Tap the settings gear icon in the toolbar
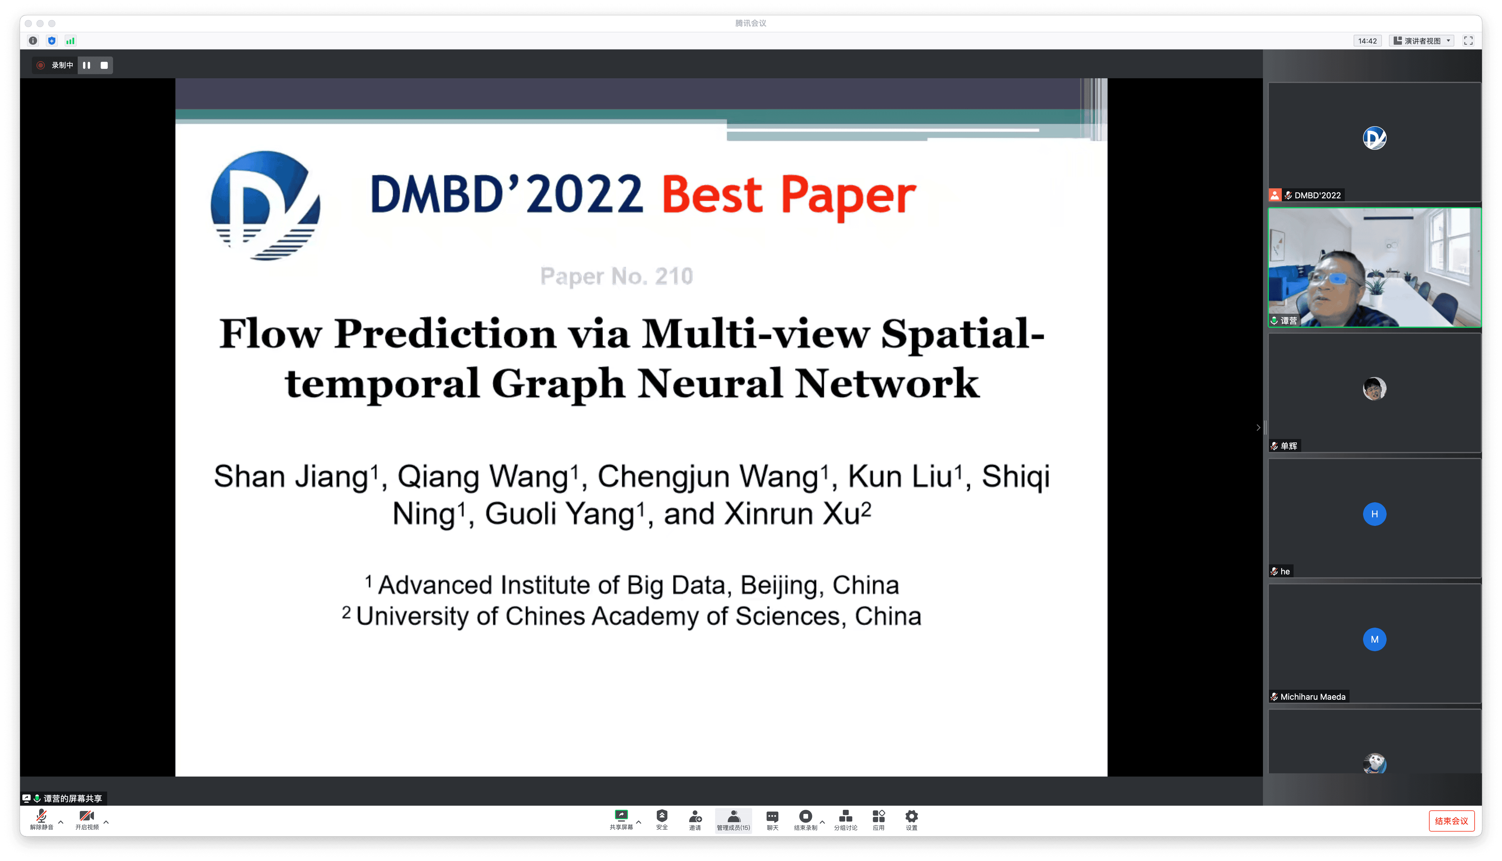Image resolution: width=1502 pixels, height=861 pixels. click(x=911, y=817)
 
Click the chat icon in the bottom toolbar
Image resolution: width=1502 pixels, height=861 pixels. click(x=772, y=817)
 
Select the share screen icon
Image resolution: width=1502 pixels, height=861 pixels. click(x=621, y=815)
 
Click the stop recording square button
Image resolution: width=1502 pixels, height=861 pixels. click(x=104, y=65)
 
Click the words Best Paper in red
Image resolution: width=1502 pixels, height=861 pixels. click(x=789, y=195)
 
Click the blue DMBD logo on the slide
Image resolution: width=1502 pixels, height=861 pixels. click(x=266, y=205)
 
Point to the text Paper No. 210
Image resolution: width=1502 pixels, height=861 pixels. click(x=616, y=276)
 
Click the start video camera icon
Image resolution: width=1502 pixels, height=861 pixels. click(x=86, y=816)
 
